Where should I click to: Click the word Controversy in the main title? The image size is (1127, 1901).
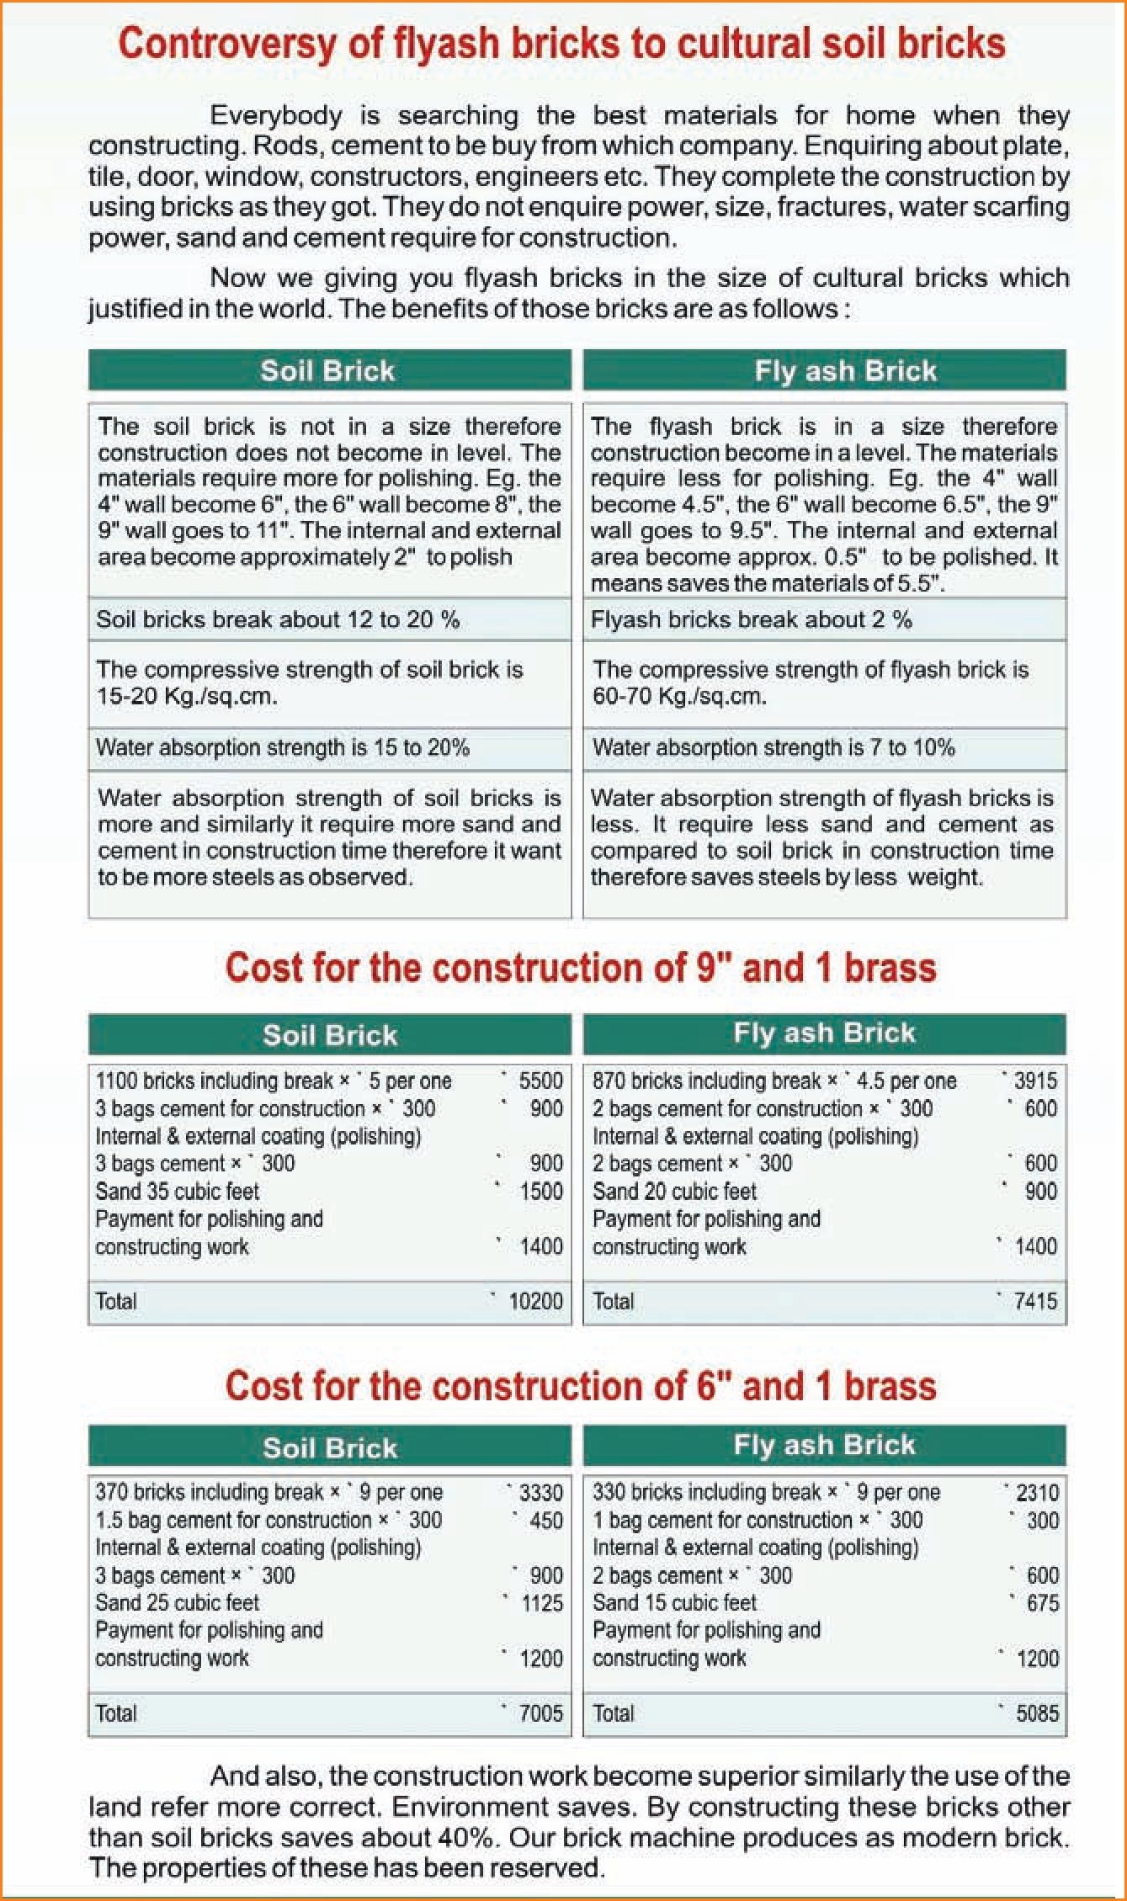226,44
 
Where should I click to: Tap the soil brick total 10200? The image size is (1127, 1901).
535,1301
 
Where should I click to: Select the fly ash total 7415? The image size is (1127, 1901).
1035,1301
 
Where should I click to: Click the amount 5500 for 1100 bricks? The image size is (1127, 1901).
540,1081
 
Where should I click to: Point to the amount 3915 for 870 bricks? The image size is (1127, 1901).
1035,1081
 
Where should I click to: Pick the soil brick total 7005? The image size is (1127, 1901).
540,1712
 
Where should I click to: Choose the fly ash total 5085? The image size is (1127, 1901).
1037,1712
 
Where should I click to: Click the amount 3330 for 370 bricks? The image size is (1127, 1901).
540,1493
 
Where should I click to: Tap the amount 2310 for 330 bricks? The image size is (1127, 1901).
1037,1493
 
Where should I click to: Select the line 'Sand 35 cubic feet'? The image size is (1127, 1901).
178,1191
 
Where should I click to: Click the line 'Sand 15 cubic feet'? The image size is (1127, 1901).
674,1602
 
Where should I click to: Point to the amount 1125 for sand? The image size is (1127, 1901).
542,1602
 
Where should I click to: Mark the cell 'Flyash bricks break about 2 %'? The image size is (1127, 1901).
751,620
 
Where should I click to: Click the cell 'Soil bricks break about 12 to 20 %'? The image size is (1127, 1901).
278,620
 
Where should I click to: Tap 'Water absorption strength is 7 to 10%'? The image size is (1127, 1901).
773,747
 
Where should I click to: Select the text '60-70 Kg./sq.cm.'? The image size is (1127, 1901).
679,696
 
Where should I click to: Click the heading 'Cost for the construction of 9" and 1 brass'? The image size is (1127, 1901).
580,968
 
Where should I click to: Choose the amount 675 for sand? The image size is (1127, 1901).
1043,1602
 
